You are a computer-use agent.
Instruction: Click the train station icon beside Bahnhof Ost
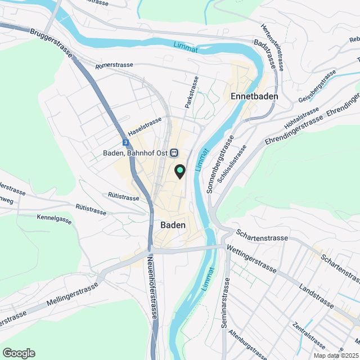pos(174,152)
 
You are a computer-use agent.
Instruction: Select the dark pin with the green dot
pos(180,171)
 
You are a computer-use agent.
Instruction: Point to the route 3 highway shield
pos(124,143)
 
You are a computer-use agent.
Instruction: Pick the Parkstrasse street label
pos(191,92)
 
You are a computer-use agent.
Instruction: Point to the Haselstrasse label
pos(145,125)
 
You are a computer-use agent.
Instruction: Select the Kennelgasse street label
pos(55,219)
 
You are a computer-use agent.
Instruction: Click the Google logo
pos(19,353)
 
